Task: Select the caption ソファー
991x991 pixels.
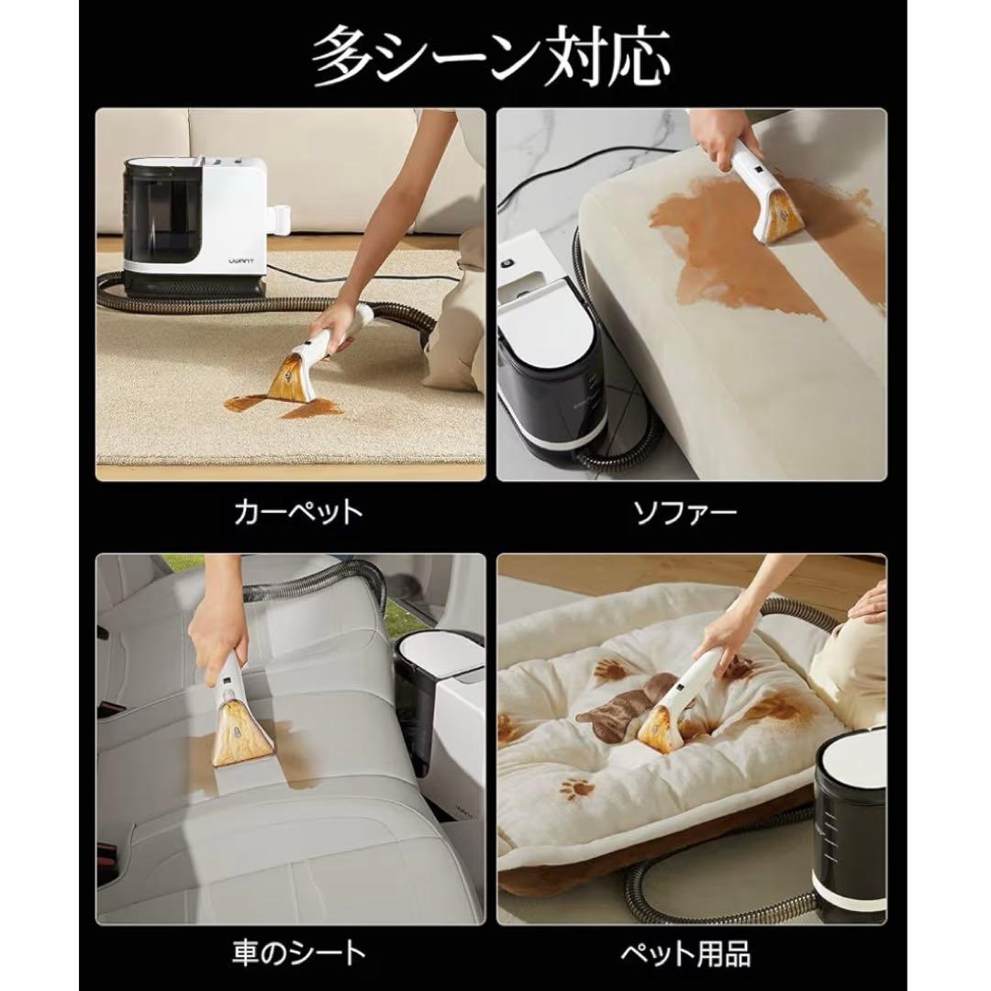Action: [x=686, y=511]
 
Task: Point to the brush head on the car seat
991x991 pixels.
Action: [x=245, y=726]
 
